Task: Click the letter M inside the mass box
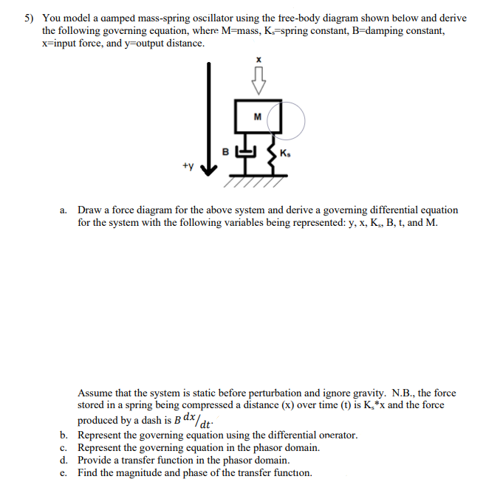pyautogui.click(x=257, y=116)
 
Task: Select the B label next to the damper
pyautogui.click(x=227, y=152)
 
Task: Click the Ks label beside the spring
pyautogui.click(x=287, y=153)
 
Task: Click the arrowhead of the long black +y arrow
pyautogui.click(x=210, y=171)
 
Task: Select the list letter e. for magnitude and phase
pyautogui.click(x=64, y=472)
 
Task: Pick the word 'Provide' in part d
pyautogui.click(x=95, y=460)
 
